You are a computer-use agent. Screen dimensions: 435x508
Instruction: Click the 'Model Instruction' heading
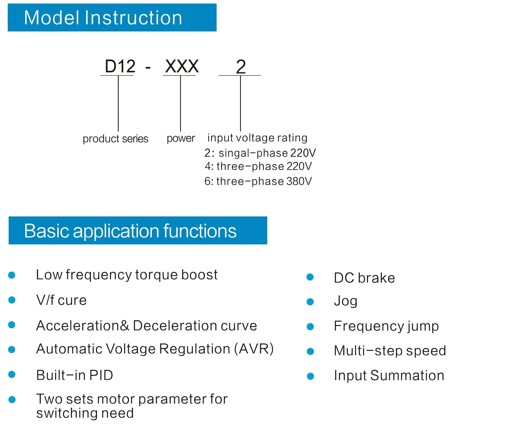[103, 18]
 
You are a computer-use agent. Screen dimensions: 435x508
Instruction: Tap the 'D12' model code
[120, 66]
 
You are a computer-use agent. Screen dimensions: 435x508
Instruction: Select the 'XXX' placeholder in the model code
[182, 66]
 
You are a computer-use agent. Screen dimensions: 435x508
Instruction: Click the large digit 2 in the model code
[241, 67]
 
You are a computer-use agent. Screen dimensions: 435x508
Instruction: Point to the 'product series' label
[115, 139]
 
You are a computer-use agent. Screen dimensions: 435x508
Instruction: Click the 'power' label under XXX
[181, 138]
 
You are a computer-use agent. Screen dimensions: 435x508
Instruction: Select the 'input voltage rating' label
[257, 138]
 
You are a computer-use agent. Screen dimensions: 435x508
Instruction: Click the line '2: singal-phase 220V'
[260, 153]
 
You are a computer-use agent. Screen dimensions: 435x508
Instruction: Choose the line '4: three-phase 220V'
[258, 166]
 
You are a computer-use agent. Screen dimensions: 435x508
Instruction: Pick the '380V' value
[299, 181]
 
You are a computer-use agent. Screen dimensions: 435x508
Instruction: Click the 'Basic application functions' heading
[130, 231]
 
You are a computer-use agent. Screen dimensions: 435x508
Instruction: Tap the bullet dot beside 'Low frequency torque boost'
[12, 275]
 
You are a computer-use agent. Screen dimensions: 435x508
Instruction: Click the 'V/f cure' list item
[61, 300]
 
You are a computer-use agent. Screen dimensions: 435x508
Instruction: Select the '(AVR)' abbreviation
[254, 349]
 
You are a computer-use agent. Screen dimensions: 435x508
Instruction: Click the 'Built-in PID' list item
[74, 375]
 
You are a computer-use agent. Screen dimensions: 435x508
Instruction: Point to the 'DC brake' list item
[364, 278]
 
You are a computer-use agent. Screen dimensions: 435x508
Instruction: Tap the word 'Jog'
[346, 301]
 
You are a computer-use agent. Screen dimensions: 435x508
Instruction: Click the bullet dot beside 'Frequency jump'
[310, 327]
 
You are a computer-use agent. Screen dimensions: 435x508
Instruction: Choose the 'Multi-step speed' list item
[390, 351]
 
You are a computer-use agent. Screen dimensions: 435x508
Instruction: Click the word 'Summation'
[407, 376]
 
